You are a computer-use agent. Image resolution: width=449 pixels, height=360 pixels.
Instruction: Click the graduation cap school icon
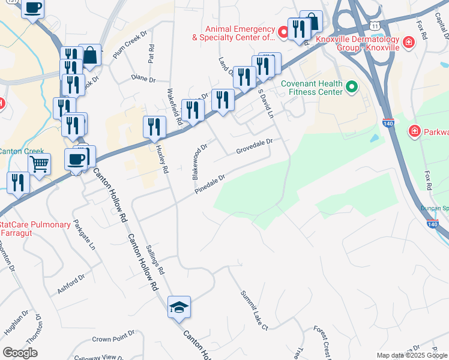(179, 308)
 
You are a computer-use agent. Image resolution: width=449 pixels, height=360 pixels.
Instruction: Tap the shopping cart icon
(39, 163)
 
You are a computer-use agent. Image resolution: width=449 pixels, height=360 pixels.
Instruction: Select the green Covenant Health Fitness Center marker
(351, 88)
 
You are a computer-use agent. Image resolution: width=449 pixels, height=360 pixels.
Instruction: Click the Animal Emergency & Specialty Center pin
(282, 29)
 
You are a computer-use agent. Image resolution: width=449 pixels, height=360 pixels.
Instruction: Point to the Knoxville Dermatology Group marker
(408, 42)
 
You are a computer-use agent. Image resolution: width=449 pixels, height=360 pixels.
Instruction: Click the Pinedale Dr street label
(209, 184)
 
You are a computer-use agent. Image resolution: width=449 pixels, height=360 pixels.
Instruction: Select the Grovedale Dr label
(254, 146)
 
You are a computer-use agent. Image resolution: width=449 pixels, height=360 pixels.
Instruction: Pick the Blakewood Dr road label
(199, 161)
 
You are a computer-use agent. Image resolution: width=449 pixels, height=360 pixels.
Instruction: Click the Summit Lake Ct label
(254, 310)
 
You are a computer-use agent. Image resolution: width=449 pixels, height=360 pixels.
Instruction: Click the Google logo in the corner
(20, 353)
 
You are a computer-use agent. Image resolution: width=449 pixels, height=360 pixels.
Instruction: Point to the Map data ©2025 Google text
(411, 355)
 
